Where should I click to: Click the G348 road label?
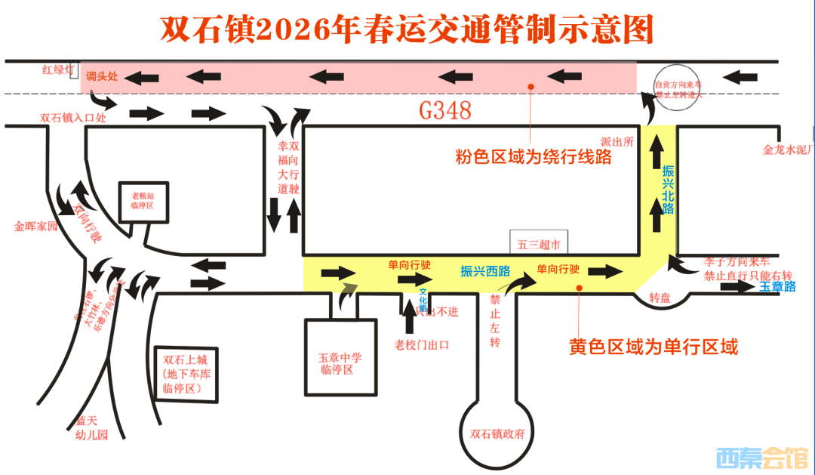445,111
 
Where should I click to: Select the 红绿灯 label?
57,70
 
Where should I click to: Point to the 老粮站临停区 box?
143,201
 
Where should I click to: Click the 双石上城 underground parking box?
184,374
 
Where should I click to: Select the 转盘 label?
660,298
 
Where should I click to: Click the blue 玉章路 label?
777,286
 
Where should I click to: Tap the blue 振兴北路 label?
667,189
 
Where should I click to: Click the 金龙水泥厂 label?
787,150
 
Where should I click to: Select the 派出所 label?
617,141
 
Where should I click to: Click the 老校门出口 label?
422,344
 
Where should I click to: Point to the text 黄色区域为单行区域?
653,347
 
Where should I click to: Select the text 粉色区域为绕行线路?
533,159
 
